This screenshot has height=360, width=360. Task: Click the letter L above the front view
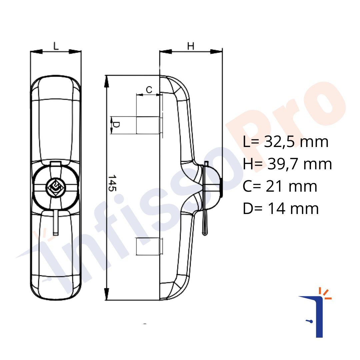point(56,46)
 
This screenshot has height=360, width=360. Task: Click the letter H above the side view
point(191,46)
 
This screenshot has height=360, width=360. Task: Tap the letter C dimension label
point(149,90)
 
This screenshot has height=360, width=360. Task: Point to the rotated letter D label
point(116,125)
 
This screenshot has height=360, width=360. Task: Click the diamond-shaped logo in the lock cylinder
point(56,187)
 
